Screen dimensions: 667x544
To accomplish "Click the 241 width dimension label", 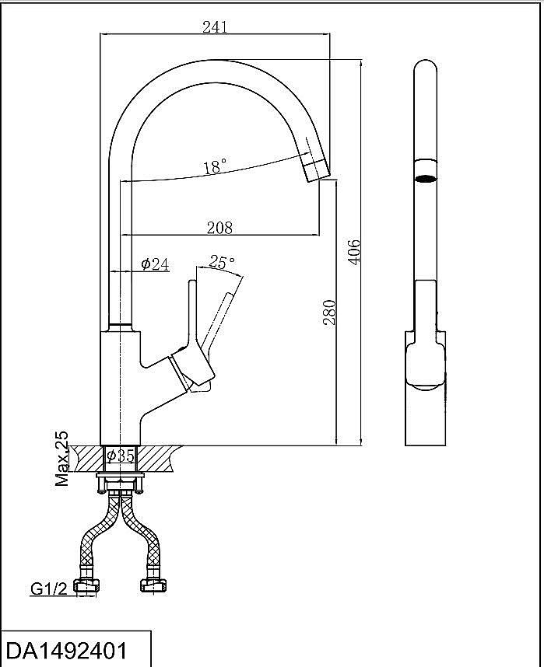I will pos(214,26).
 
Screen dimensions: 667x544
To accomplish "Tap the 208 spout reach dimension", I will pos(219,228).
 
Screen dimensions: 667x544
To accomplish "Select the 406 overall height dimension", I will pos(354,251).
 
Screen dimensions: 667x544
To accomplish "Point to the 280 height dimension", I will pos(329,311).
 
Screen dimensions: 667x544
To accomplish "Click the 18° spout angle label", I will pos(215,166).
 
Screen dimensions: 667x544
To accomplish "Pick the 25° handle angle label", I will pos(223,263).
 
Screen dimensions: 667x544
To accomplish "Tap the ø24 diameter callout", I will pos(155,264).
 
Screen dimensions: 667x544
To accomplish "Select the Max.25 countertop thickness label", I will pos(62,459).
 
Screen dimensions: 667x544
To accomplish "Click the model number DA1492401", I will pos(66,650).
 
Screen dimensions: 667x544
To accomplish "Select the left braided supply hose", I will pos(97,536).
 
